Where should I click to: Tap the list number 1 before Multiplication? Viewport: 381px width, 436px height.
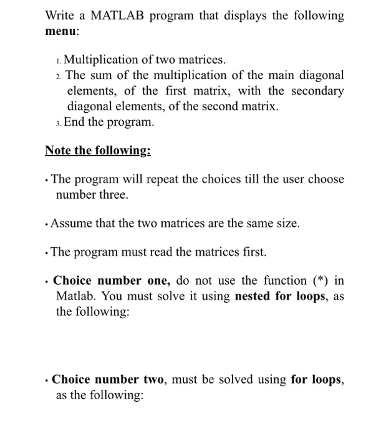point(59,61)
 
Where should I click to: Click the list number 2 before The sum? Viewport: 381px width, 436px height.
point(59,77)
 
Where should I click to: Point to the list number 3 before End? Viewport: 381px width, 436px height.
point(59,123)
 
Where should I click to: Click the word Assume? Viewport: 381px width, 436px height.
point(74,223)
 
